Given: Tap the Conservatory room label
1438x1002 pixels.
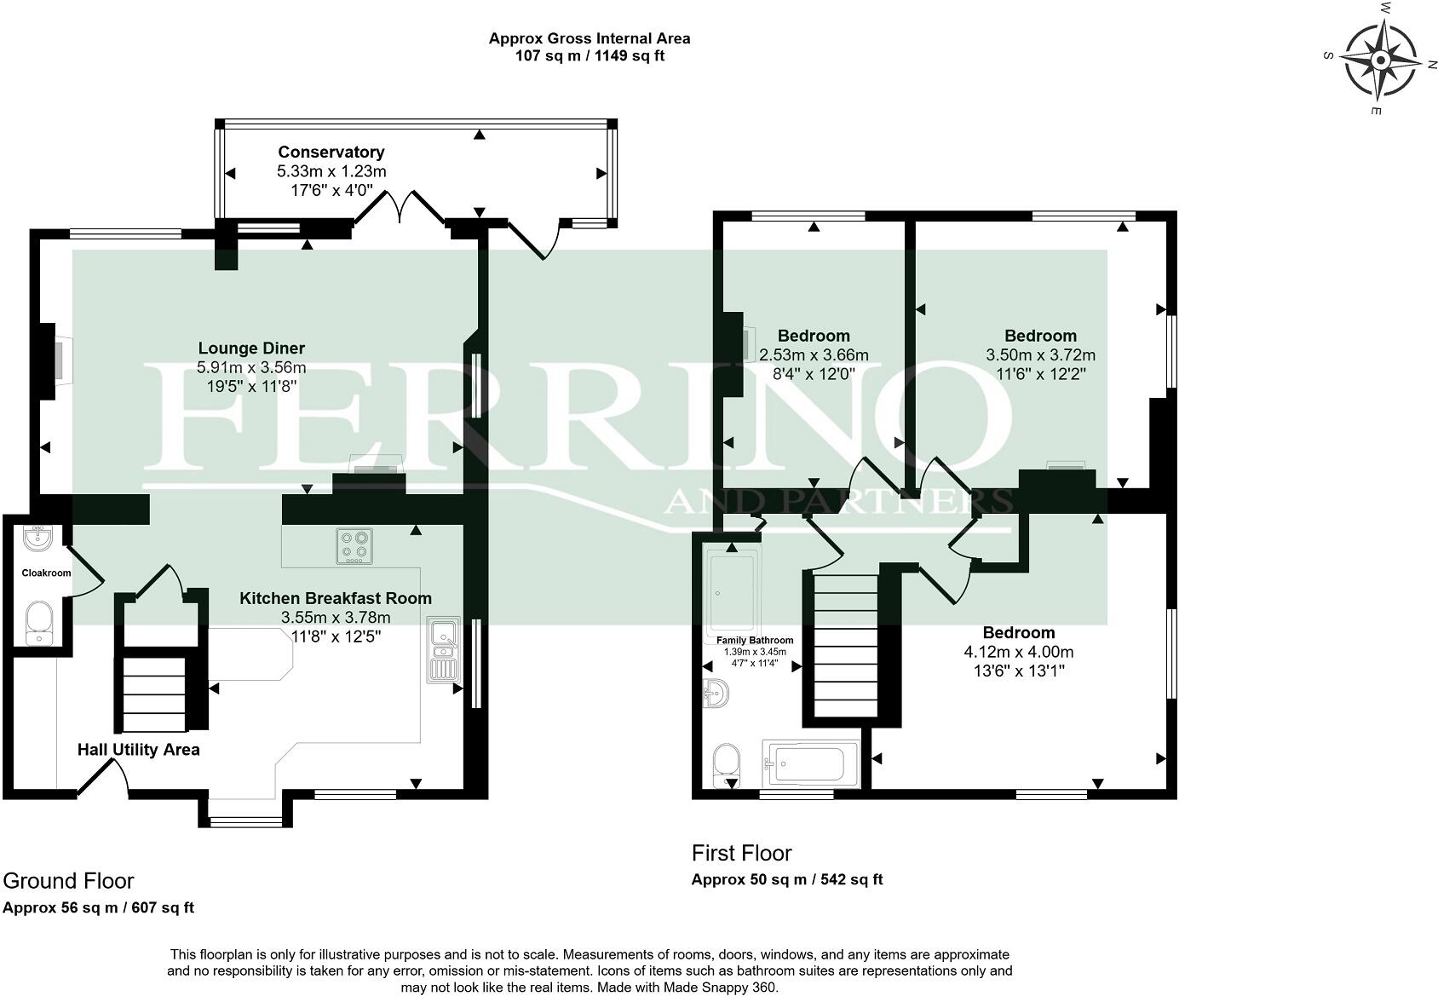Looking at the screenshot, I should pyautogui.click(x=331, y=152).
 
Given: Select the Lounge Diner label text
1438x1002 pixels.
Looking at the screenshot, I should pyautogui.click(x=251, y=348).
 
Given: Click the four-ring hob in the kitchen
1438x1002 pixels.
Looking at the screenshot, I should pyautogui.click(x=354, y=546).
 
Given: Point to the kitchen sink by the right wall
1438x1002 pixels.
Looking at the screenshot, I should pyautogui.click(x=443, y=650).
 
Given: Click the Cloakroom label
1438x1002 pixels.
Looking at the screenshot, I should pyautogui.click(x=46, y=573).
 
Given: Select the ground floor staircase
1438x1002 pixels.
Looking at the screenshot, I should pyautogui.click(x=154, y=694).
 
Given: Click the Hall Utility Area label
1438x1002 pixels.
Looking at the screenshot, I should pyautogui.click(x=138, y=750).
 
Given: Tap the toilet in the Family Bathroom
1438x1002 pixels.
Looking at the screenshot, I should pyautogui.click(x=726, y=765).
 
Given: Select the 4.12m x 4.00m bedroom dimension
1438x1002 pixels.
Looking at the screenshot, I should pyautogui.click(x=1018, y=652).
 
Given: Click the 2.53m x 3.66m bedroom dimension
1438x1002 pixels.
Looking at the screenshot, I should pyautogui.click(x=814, y=355).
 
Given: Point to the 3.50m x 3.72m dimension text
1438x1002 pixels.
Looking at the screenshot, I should pyautogui.click(x=1040, y=355).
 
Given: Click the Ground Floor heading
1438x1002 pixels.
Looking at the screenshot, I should pyautogui.click(x=68, y=880).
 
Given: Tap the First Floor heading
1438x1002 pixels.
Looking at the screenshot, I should pyautogui.click(x=741, y=853).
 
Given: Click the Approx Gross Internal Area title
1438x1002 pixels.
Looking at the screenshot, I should pyautogui.click(x=589, y=38).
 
